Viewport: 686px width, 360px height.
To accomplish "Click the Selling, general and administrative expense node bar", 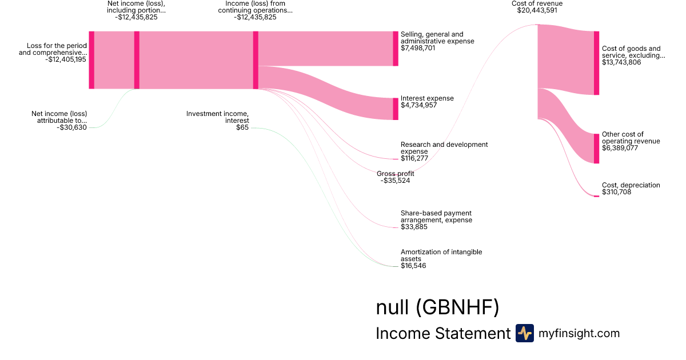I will click(395, 49).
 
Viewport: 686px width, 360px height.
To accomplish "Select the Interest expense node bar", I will click(395, 109).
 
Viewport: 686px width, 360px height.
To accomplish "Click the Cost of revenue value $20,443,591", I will click(537, 10).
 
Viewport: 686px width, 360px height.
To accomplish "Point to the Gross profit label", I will click(395, 174).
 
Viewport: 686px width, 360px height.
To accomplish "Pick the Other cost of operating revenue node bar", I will click(596, 148).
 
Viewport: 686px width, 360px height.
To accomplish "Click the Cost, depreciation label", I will click(631, 185).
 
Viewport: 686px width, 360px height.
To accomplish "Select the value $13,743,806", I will click(621, 62).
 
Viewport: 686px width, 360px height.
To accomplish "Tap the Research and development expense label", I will click(444, 148).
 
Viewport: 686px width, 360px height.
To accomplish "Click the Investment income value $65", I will click(242, 127).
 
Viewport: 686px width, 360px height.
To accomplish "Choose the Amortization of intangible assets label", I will click(441, 255).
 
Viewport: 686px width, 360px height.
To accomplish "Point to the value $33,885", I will click(414, 227).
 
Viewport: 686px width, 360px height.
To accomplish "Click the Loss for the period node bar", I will click(91, 60).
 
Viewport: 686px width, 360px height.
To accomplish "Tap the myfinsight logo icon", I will click(524, 333).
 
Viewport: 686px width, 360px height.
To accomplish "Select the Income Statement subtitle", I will click(442, 334).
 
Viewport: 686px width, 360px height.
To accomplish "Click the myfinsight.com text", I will click(579, 334).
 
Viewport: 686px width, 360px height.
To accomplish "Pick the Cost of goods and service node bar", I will click(596, 63).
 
